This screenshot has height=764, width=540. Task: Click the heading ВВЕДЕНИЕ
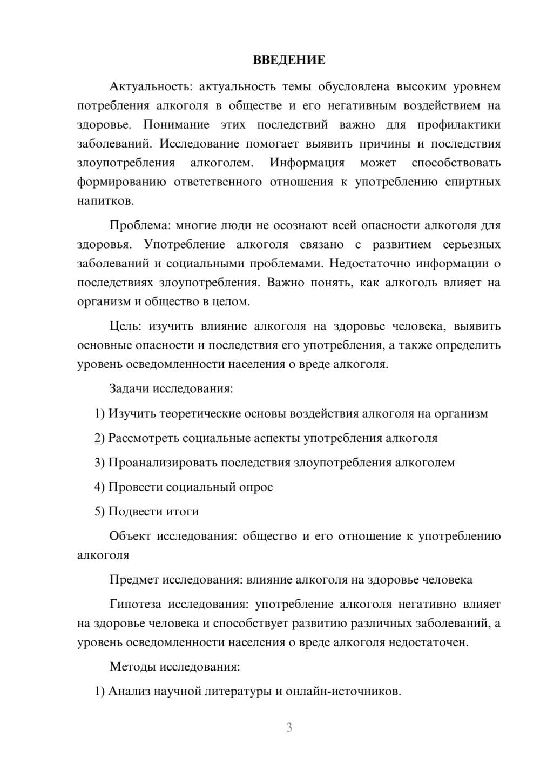289,60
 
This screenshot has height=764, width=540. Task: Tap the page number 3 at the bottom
289,727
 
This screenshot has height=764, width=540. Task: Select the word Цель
126,326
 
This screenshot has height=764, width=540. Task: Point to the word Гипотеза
135,604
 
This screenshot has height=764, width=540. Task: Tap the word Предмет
134,580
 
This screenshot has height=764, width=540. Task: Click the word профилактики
458,125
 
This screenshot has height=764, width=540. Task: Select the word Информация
307,163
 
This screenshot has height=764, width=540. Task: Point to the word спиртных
473,182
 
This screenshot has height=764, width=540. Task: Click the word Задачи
129,388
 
